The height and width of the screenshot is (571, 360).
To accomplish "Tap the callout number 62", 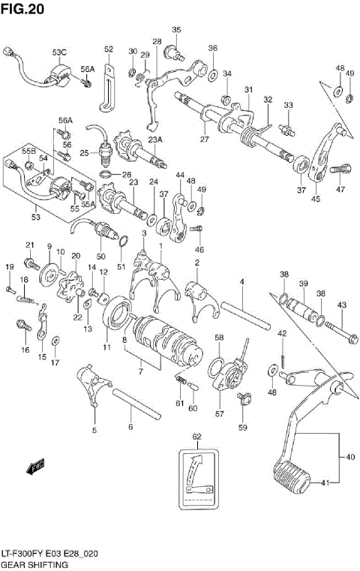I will point(196,436).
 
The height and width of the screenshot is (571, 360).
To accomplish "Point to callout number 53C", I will point(59,52).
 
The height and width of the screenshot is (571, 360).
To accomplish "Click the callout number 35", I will point(176,30).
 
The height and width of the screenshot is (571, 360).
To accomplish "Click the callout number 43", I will point(341,305).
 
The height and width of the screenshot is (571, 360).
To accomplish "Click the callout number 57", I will point(220,413).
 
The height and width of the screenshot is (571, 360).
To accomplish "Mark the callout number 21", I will point(30,245).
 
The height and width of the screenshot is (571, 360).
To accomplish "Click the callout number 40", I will point(351,457).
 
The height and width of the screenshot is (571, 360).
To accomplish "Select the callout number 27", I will point(203,139).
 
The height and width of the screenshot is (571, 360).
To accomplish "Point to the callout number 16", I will point(25,350).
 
